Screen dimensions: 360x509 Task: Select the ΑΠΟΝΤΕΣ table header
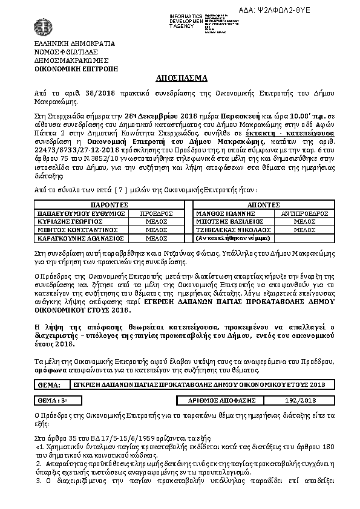[x=262, y=205]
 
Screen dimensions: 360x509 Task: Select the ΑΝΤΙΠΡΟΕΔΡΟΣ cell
[x=300, y=213]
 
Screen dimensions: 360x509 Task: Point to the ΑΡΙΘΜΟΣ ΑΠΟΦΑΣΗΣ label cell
[x=223, y=400]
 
